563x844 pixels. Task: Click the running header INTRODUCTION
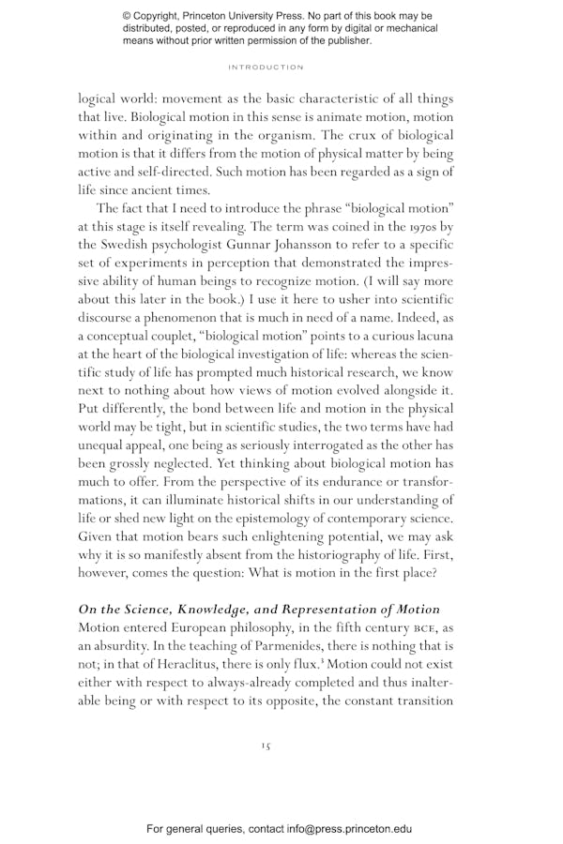266,68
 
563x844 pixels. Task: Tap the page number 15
266,745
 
